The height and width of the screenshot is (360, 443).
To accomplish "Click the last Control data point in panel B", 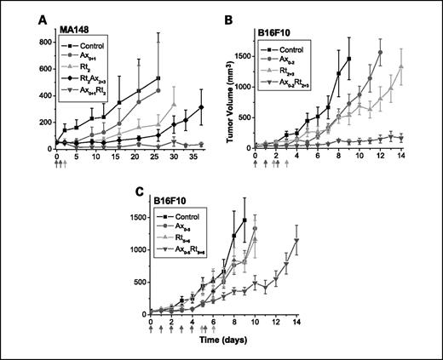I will (349, 59).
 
